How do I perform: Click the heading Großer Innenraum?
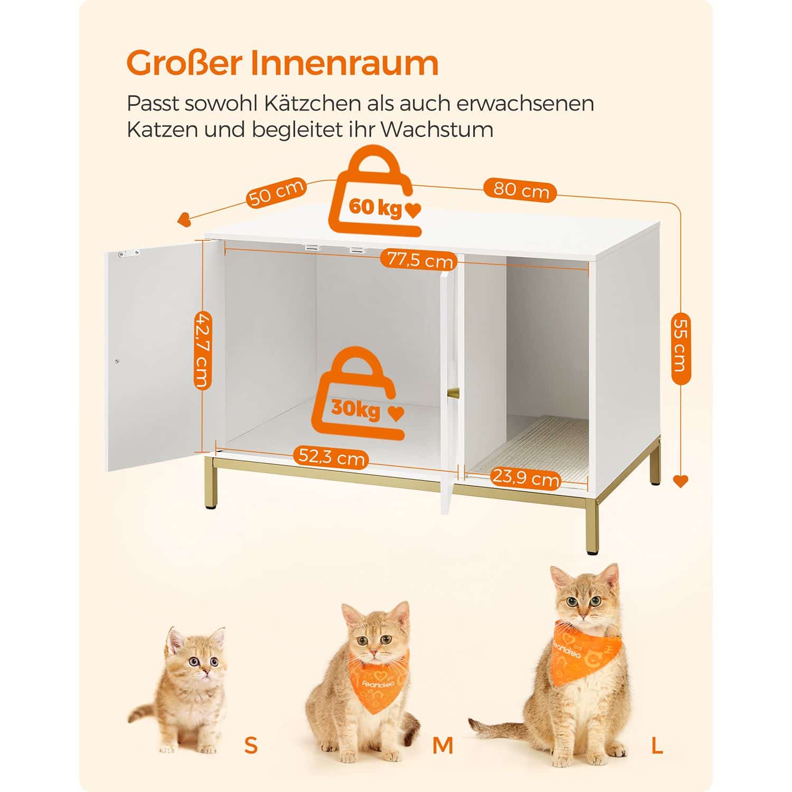(x=282, y=63)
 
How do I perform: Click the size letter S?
(x=251, y=746)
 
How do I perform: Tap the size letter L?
(x=657, y=746)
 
